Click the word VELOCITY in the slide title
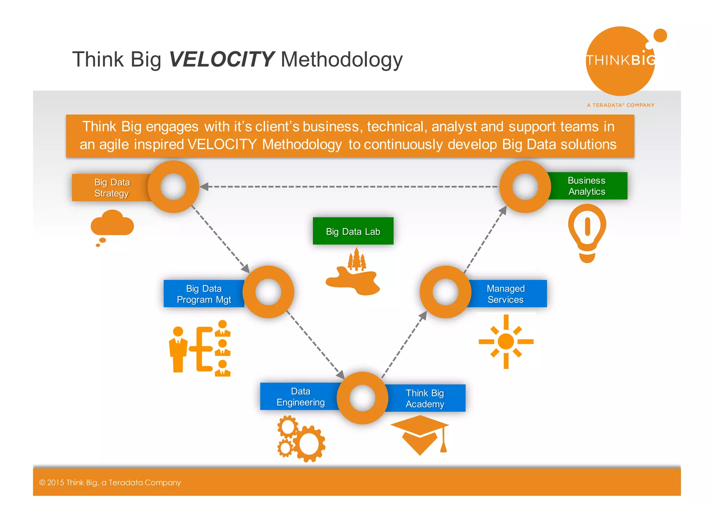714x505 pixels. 222,59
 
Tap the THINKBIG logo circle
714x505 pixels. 620,61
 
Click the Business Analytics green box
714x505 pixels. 587,186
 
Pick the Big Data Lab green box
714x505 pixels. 353,231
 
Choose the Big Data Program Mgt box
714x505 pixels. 204,294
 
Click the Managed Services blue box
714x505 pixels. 506,294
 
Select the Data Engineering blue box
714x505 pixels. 300,397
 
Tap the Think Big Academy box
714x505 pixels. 425,398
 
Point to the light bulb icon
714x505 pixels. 587,232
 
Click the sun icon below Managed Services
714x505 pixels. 506,341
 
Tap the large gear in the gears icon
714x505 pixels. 309,444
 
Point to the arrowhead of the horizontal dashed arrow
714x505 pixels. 204,187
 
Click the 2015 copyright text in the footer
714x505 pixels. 110,483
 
